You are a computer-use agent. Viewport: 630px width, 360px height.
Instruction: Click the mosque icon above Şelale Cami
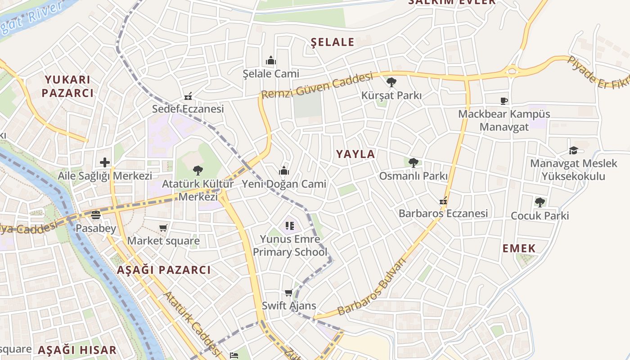click(x=271, y=60)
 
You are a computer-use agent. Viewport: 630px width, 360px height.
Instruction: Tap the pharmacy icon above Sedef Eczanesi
click(x=188, y=96)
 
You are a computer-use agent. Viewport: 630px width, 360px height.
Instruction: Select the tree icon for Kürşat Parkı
click(x=391, y=82)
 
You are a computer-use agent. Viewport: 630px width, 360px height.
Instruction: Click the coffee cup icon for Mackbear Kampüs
click(x=504, y=101)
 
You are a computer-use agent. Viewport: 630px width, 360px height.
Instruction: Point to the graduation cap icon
click(x=573, y=150)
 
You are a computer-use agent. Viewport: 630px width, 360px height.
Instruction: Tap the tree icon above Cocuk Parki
click(x=540, y=202)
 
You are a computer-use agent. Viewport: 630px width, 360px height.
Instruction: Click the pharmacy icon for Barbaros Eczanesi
click(x=444, y=201)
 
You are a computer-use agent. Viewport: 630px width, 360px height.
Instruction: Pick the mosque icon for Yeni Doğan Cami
click(x=283, y=171)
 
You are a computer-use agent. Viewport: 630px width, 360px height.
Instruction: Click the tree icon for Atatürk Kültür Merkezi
click(x=198, y=171)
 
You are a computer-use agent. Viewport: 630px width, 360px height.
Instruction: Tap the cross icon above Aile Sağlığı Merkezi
click(x=105, y=162)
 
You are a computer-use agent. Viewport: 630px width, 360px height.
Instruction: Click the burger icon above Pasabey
click(x=95, y=215)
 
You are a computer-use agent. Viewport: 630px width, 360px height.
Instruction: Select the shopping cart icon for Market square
click(x=163, y=228)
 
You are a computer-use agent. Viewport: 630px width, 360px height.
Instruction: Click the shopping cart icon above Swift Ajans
click(x=289, y=293)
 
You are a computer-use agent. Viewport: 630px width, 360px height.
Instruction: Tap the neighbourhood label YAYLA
click(x=355, y=154)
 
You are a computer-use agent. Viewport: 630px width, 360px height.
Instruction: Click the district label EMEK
click(x=519, y=248)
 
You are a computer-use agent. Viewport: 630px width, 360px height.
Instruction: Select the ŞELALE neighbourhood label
click(x=333, y=42)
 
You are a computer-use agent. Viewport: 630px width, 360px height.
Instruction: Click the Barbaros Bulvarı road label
click(x=372, y=287)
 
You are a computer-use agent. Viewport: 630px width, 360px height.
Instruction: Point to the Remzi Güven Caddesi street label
click(x=317, y=86)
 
